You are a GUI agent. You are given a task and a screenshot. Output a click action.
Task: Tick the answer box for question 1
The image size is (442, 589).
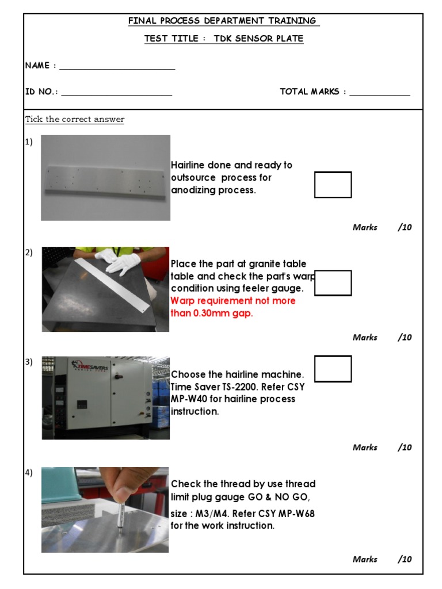pyautogui.click(x=333, y=185)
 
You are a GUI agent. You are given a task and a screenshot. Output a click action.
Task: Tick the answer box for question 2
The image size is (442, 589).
pyautogui.click(x=333, y=283)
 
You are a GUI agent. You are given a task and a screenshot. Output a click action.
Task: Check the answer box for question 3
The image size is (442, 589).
pyautogui.click(x=333, y=369)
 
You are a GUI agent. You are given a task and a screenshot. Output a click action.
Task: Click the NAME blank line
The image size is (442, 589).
pyautogui.click(x=117, y=68)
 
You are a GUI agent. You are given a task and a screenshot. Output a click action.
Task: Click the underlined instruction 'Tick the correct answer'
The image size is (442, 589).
pyautogui.click(x=75, y=120)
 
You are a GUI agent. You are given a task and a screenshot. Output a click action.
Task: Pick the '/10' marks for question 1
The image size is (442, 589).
pyautogui.click(x=405, y=227)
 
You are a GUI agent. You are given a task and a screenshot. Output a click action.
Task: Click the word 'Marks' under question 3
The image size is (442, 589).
pyautogui.click(x=365, y=448)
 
